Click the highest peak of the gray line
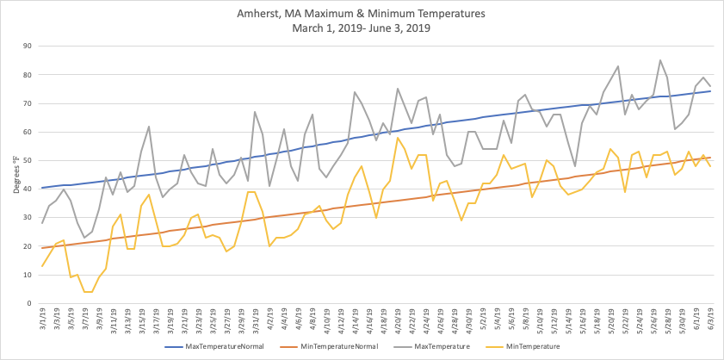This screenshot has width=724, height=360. click(x=660, y=60)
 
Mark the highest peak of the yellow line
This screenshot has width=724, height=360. click(x=398, y=138)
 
